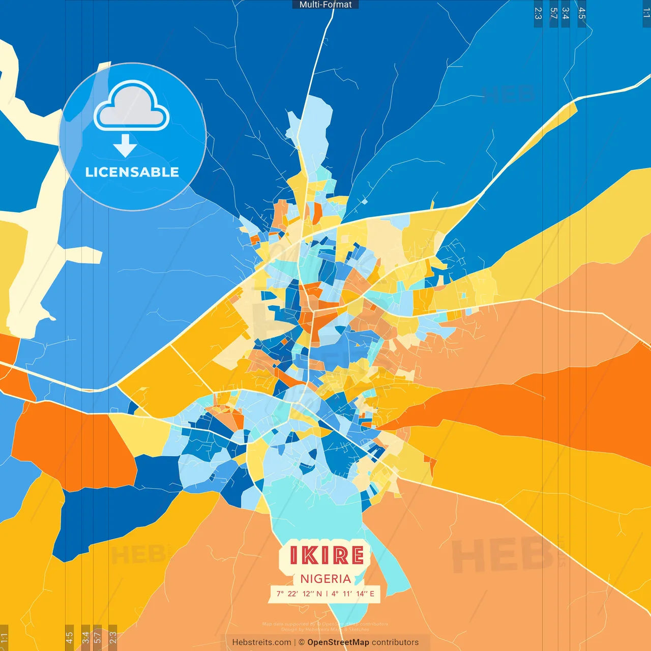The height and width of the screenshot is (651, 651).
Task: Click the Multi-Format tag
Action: point(325,5)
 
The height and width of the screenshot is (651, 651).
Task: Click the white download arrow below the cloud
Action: point(125,145)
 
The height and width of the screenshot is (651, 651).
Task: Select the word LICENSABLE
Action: point(132,172)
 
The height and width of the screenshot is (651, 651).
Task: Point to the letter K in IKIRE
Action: point(309,555)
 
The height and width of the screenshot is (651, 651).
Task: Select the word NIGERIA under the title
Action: point(325,579)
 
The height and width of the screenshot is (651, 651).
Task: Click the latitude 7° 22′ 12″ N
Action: point(299,594)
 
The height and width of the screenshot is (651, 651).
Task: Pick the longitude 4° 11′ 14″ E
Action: point(352,594)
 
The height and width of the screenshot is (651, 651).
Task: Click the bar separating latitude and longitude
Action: point(327,594)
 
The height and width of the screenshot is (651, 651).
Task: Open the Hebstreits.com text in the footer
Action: point(261,642)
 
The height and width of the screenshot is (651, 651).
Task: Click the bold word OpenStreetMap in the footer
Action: point(338,642)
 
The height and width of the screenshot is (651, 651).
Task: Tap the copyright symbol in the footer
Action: point(302,642)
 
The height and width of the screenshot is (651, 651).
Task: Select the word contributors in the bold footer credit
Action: point(395,642)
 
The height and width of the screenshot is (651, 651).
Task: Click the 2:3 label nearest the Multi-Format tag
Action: point(538,14)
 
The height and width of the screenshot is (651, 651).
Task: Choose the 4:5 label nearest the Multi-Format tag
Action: point(582,14)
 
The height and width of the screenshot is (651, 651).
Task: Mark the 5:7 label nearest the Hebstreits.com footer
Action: point(97,637)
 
